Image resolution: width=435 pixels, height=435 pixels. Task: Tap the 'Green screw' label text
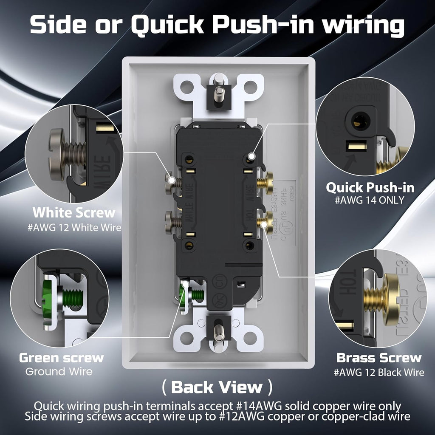tap(61, 358)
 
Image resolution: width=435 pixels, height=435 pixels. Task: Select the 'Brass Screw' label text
tap(379, 358)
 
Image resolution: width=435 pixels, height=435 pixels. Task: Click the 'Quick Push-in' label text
tap(370, 187)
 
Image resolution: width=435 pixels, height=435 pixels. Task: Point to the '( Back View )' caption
tap(217, 387)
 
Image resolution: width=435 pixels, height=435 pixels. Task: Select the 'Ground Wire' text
tap(59, 372)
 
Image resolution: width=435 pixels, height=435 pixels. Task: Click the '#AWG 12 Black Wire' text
tap(379, 373)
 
